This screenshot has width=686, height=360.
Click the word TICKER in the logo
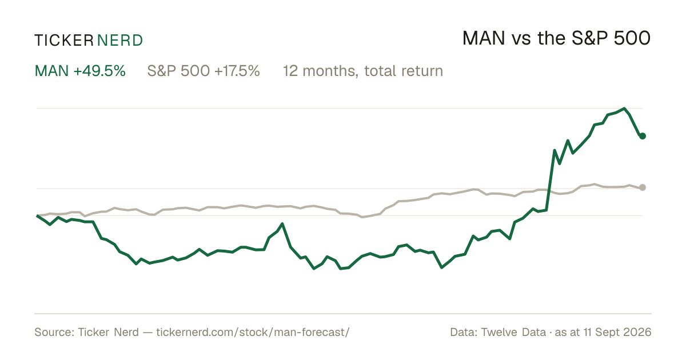tap(64, 41)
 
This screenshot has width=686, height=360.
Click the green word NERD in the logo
tap(120, 41)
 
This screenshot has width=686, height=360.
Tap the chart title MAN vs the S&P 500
tap(556, 38)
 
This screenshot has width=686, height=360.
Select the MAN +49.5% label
tap(80, 71)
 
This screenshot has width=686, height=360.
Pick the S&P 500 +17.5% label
tap(204, 71)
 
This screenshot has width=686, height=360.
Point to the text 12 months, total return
tap(363, 71)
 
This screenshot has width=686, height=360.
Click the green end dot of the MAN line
tap(643, 136)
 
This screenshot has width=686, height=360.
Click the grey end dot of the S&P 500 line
tap(643, 187)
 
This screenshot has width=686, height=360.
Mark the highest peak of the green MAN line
tap(624, 109)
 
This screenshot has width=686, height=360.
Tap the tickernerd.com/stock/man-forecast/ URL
tap(253, 332)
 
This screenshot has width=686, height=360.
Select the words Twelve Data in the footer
tap(513, 332)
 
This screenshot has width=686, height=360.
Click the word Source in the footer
tap(53, 332)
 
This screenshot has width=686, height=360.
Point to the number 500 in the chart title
tap(632, 38)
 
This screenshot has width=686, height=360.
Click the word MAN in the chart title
tap(484, 38)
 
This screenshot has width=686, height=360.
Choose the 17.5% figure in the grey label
tap(237, 71)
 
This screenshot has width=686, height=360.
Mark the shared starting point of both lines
tap(37, 215)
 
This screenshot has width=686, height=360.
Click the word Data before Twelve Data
tap(464, 332)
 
